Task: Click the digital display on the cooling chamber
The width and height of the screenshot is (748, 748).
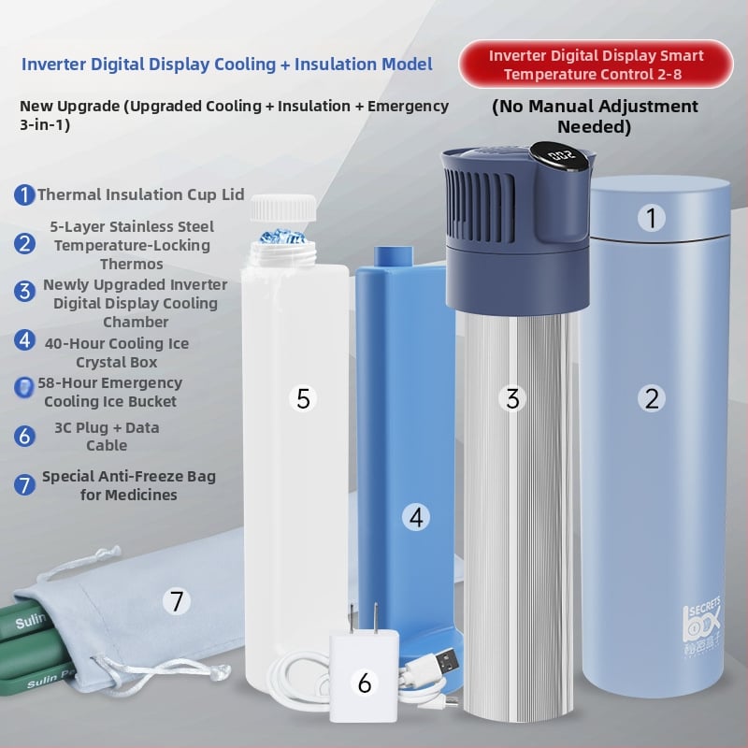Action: tap(563, 155)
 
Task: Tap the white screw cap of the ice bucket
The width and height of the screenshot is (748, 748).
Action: tap(283, 209)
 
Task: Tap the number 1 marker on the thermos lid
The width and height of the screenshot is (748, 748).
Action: tap(652, 218)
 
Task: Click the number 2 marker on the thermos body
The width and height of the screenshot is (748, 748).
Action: tap(652, 398)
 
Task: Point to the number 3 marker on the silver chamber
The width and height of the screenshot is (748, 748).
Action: tap(512, 398)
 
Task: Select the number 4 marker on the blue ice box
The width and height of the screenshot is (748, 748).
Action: tap(416, 518)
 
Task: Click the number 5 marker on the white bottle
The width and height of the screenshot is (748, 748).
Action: tap(303, 398)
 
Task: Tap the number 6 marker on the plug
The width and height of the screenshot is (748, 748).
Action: tap(365, 683)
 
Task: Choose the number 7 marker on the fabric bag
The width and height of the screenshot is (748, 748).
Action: tap(177, 601)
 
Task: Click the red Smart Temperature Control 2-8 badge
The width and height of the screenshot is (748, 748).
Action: tap(596, 65)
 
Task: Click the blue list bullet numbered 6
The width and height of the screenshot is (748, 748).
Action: tap(24, 436)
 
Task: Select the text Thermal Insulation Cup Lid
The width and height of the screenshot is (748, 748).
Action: tap(141, 194)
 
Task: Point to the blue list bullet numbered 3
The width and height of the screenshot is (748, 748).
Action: tap(24, 291)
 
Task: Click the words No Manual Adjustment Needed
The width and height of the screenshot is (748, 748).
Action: tap(595, 116)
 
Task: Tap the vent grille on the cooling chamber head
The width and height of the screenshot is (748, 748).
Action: tap(480, 204)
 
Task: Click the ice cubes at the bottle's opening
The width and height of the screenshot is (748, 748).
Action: tap(283, 237)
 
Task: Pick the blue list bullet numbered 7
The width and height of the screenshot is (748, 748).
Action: tap(24, 484)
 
